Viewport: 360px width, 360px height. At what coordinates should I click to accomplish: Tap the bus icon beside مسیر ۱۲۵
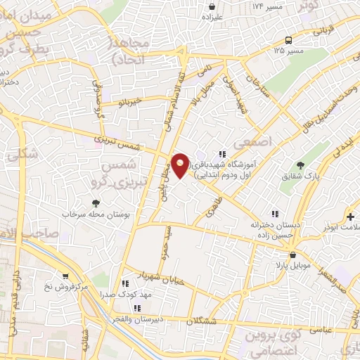pos(289,40)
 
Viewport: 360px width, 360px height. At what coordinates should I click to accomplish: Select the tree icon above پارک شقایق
pos(301,165)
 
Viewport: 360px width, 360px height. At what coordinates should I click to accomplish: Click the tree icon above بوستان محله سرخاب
pos(96,203)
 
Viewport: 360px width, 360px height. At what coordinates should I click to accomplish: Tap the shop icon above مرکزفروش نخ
pos(65,276)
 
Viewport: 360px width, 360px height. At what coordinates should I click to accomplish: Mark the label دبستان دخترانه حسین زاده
pos(271,229)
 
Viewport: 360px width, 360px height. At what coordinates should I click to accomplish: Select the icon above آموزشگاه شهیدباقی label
pos(222,154)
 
